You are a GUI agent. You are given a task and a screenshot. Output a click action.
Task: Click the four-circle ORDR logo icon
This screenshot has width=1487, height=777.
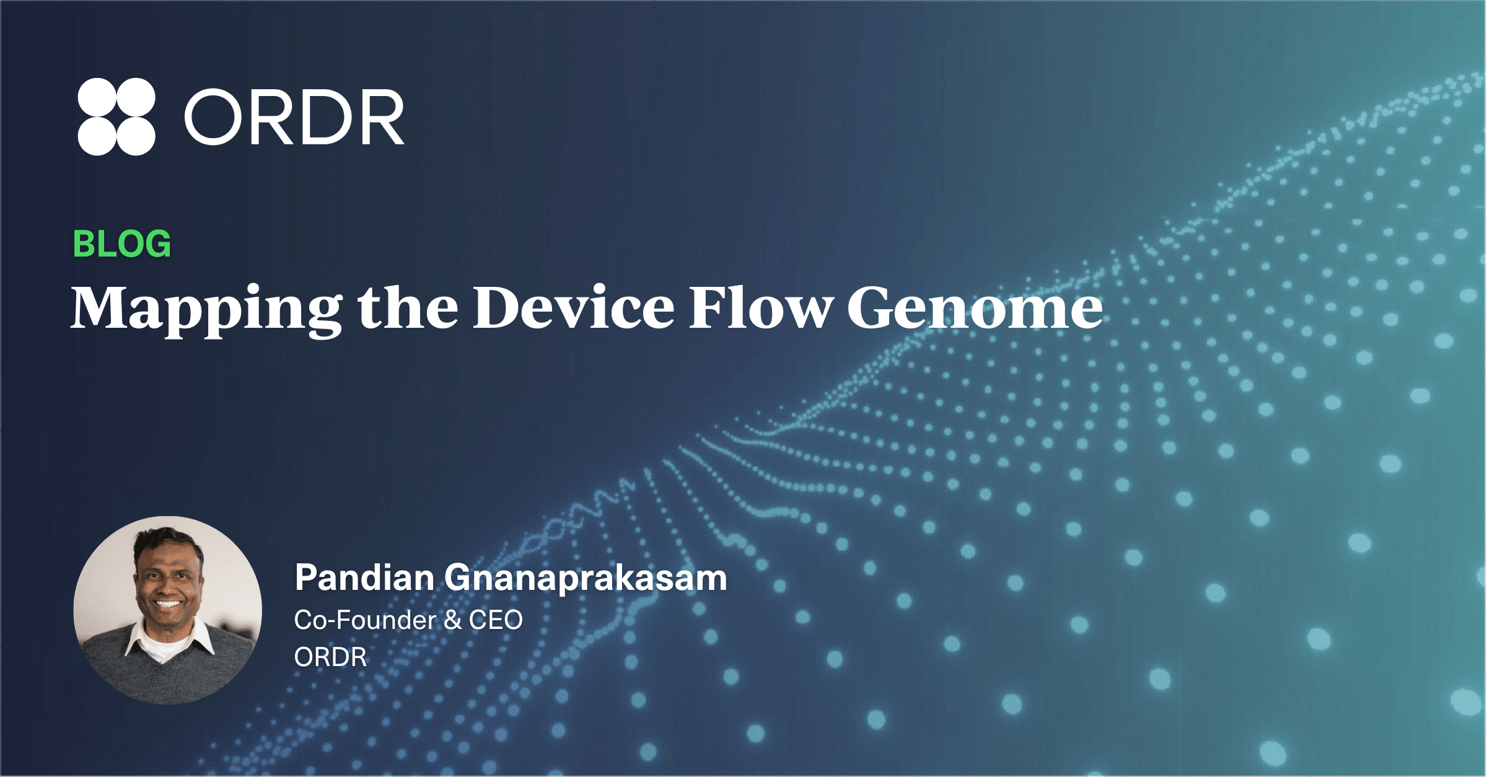coord(116,116)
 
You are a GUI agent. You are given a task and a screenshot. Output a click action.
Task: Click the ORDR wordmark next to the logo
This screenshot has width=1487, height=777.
coord(295,117)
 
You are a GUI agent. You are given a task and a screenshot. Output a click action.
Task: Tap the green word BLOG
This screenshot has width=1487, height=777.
coord(122,244)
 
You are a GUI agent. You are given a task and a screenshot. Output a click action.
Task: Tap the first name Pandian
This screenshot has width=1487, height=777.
coord(365,577)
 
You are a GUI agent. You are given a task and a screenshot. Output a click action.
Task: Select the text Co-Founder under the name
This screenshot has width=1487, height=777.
coord(365,620)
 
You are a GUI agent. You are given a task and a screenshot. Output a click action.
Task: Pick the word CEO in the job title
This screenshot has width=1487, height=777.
coord(496,620)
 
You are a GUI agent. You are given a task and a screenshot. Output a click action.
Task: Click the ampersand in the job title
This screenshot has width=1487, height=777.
coord(452,620)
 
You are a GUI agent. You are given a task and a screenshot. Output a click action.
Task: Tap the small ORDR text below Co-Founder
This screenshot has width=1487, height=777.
coord(330,657)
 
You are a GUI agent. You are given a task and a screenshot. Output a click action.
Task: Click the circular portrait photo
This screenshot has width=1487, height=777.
coord(167,610)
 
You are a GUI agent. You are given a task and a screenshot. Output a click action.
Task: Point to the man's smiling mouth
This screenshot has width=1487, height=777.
coord(167,603)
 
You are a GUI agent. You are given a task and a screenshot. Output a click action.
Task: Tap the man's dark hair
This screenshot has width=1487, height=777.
coord(167,540)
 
